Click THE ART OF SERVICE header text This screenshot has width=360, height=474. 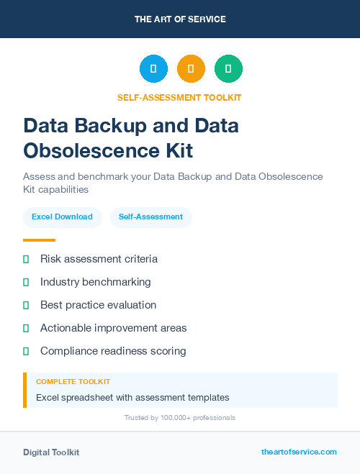coord(180,19)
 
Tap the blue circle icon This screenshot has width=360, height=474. coord(153,69)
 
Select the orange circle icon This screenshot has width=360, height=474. coord(191,69)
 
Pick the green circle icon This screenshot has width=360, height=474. coord(228,69)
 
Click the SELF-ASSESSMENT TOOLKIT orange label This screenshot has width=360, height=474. coord(179,97)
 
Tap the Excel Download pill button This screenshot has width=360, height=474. coord(62,217)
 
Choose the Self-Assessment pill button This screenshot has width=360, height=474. coord(150,217)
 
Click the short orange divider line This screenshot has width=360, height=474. coord(39,240)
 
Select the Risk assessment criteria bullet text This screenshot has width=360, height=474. coord(99,259)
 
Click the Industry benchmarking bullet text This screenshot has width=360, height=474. coord(96,282)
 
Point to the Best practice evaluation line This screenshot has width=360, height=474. coord(98,305)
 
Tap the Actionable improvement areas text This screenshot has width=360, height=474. coord(113,328)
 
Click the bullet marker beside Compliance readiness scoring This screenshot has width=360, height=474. coord(26,351)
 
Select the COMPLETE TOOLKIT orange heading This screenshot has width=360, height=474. coord(73,381)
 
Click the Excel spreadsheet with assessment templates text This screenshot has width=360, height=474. coord(132,397)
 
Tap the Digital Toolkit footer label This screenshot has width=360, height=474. coord(51,452)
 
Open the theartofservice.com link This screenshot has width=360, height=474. coord(299,452)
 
